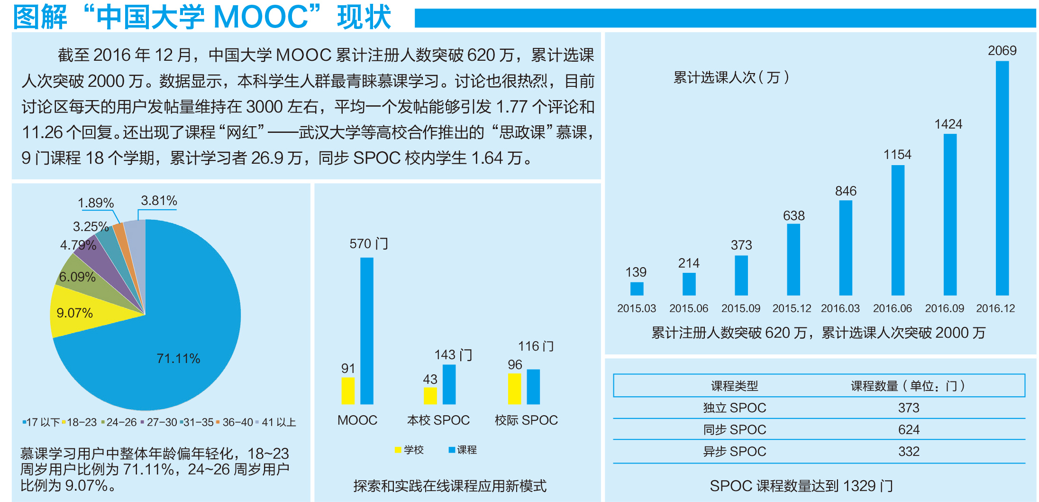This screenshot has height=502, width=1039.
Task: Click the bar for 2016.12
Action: coord(1002,178)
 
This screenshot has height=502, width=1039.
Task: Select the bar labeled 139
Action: coord(637,288)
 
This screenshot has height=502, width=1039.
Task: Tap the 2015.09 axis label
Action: coord(740,308)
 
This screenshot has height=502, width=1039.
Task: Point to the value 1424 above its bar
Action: coord(948,124)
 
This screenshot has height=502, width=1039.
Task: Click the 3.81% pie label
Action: coord(159,201)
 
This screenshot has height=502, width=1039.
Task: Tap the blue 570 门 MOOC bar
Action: coord(366,331)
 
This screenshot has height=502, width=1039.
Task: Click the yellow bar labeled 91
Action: coord(348,390)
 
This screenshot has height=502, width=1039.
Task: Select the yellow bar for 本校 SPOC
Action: coord(430,396)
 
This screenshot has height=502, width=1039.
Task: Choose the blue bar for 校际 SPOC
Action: coord(533,387)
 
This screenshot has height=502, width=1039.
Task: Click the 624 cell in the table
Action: coord(909,429)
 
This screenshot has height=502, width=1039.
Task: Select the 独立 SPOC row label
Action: coord(734,408)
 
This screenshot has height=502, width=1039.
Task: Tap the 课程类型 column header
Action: coord(734,386)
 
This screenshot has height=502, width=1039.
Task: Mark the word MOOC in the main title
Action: coord(261,17)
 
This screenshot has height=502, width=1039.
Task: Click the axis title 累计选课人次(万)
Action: coord(731,77)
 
